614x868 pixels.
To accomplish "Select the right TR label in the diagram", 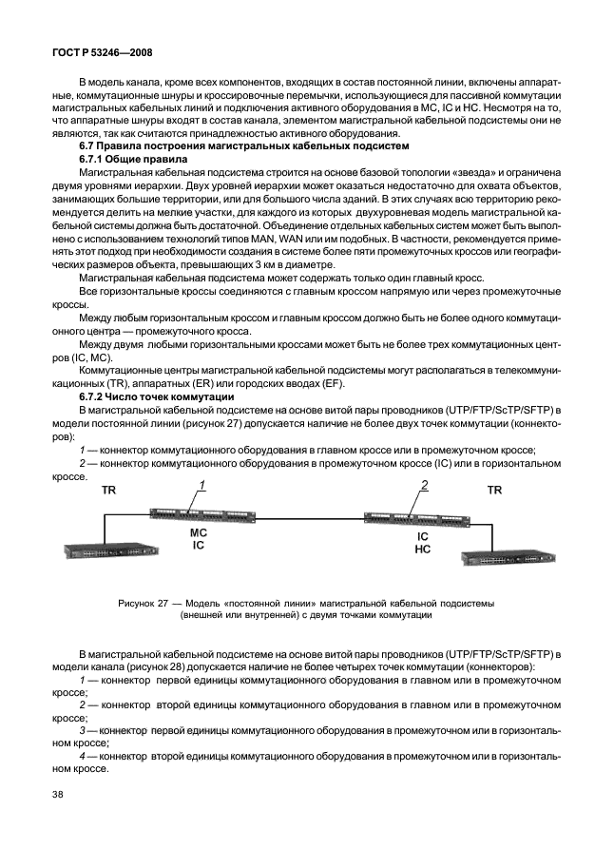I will point(494,491).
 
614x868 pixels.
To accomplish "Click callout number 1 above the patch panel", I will point(201,486).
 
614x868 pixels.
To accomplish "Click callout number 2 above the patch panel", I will point(425,486).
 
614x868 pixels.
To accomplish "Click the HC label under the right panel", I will point(423,550).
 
